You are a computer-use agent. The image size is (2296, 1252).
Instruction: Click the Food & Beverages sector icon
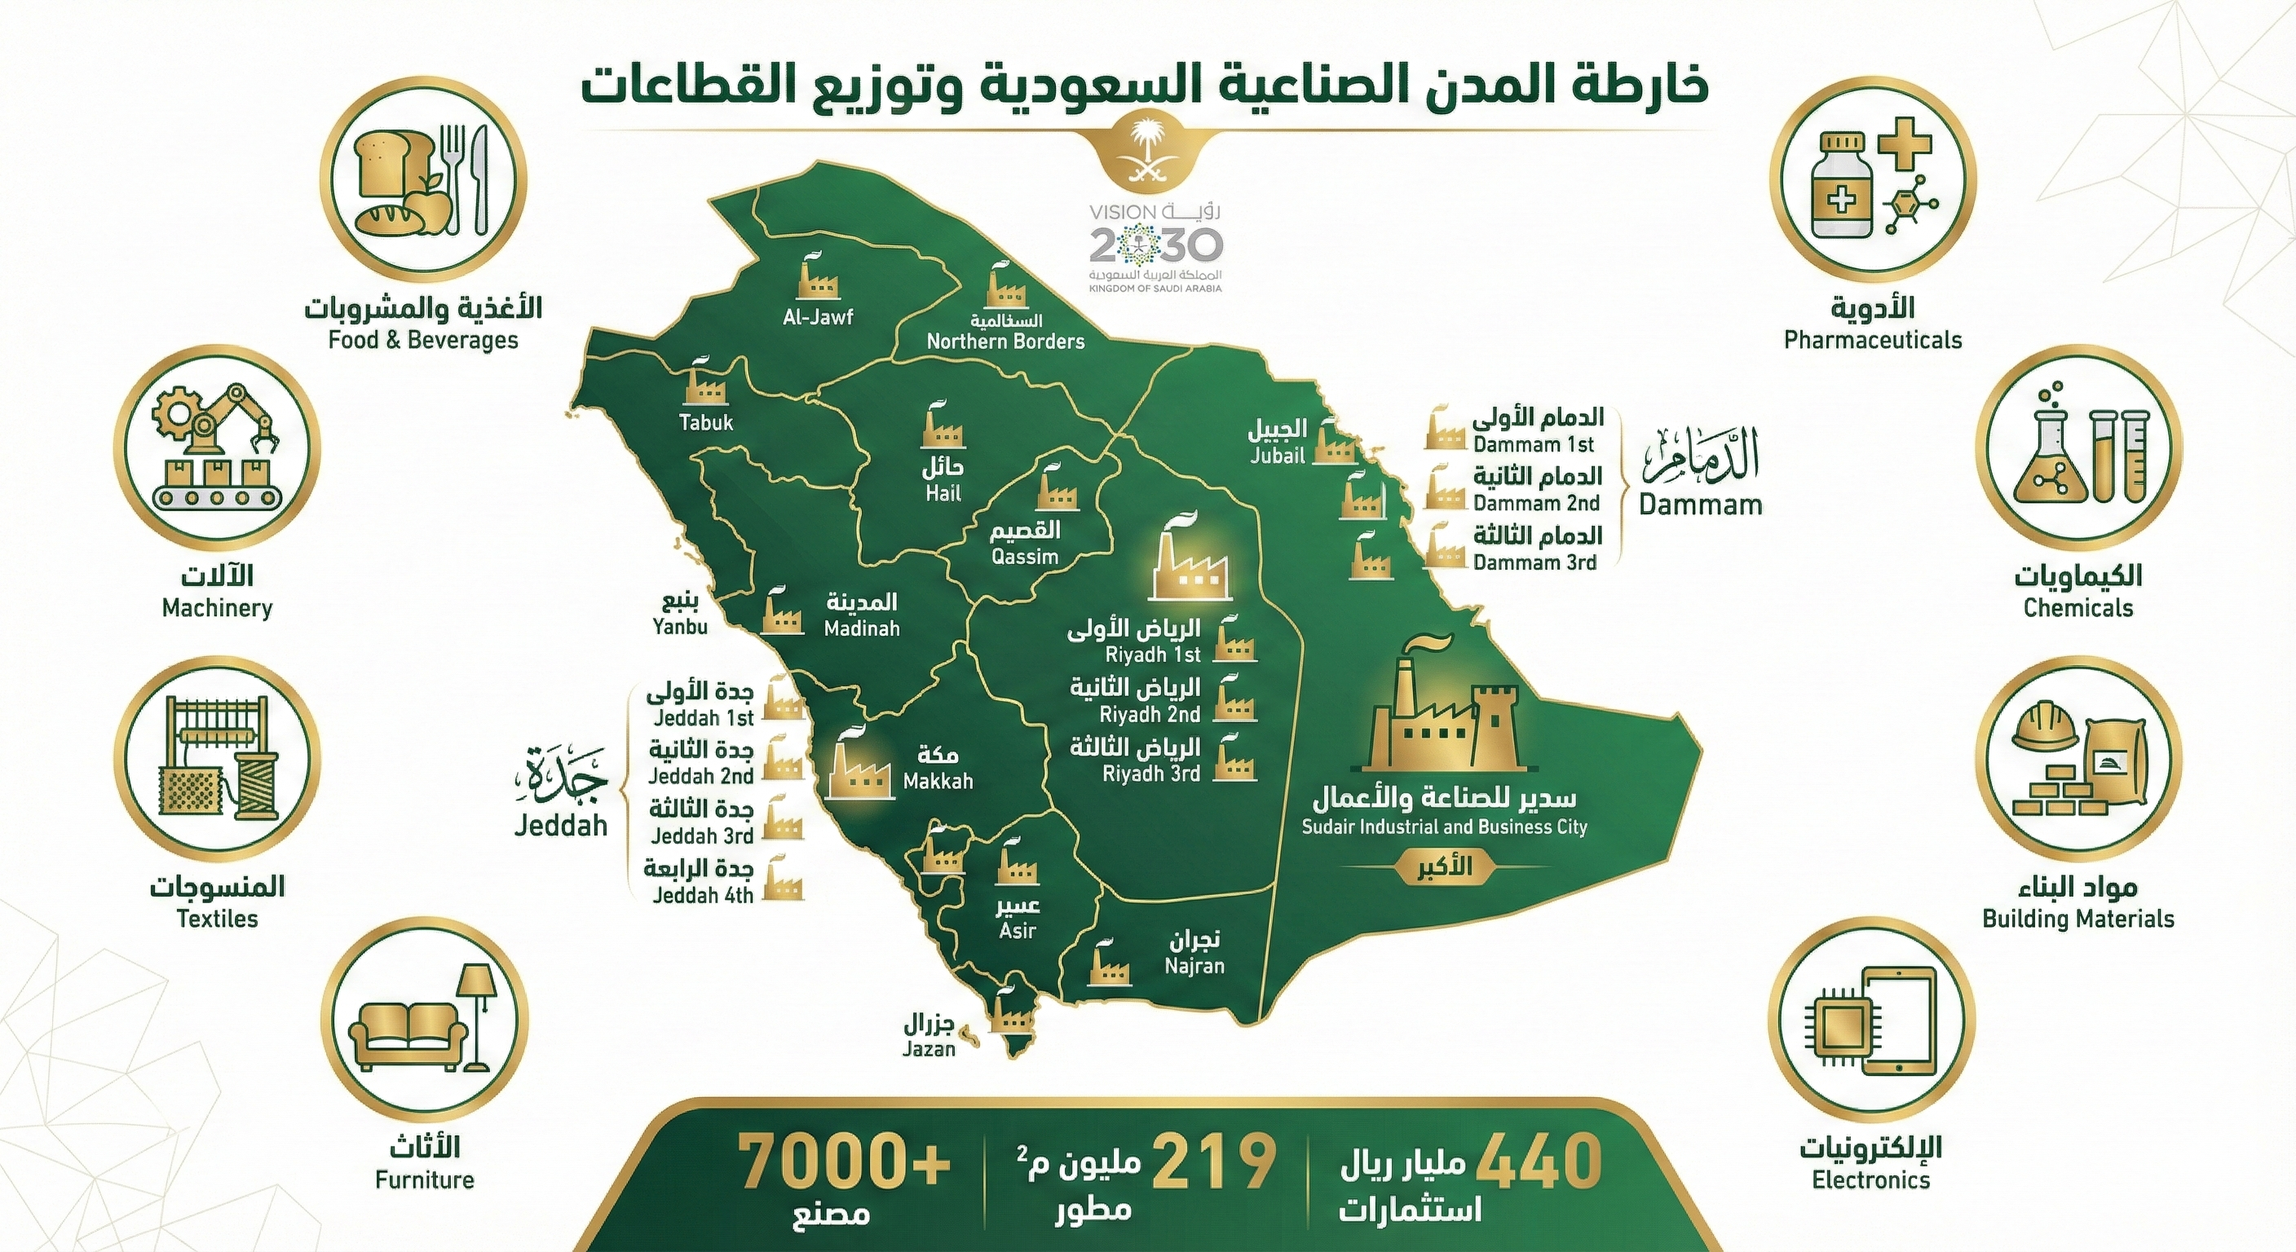coord(423,184)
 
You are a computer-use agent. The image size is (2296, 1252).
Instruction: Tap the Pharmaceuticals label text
coord(1873,340)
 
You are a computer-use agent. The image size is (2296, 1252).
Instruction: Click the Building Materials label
coord(2077,919)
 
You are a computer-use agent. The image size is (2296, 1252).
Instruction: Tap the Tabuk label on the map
coord(706,422)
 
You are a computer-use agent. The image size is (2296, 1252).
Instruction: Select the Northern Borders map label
coord(1005,342)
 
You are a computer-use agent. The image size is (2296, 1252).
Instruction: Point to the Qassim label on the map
coord(1025,557)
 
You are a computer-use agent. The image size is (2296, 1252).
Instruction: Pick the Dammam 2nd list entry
coord(1536,503)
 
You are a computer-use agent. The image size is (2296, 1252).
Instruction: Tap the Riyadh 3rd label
coord(1150,774)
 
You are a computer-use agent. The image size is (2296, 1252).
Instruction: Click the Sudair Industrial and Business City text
coord(1444,827)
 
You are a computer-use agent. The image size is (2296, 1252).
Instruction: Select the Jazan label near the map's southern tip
coord(928,1049)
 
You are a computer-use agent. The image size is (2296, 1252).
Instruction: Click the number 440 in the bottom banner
coord(1539,1161)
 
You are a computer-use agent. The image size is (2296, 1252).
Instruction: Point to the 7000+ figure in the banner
coord(844,1161)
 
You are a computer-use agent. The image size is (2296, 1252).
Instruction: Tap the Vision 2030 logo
coord(1156,248)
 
